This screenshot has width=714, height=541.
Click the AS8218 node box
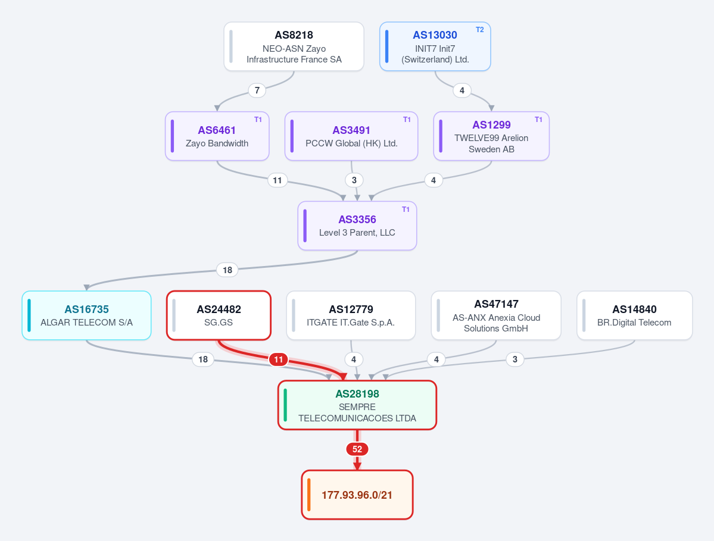coord(294,46)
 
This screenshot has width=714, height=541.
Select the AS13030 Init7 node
coord(435,46)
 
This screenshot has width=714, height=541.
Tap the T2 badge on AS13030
coord(479,30)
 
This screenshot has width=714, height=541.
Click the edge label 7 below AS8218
coord(257,90)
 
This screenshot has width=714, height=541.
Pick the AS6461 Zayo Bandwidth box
coord(217,136)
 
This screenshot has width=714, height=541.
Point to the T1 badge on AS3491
coord(407,119)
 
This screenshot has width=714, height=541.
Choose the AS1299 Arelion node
coord(491,136)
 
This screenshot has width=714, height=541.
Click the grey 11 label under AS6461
coord(278,180)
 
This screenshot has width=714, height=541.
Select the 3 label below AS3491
coord(354,180)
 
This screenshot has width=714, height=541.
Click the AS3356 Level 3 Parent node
coord(357,226)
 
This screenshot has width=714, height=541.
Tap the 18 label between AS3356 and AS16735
coord(227,270)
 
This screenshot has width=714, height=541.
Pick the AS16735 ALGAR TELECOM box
coord(86,315)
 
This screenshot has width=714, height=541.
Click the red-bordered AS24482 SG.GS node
coord(219,315)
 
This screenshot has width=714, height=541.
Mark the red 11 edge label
coord(278,359)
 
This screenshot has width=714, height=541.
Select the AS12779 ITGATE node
coord(351,315)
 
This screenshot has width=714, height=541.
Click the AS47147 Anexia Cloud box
coord(496,315)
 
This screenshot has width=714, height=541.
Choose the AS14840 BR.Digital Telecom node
coord(634,315)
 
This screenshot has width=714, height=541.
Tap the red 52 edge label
coord(357,449)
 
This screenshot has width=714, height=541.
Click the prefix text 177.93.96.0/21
coord(357,495)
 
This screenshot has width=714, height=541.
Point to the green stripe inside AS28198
coord(285,405)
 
